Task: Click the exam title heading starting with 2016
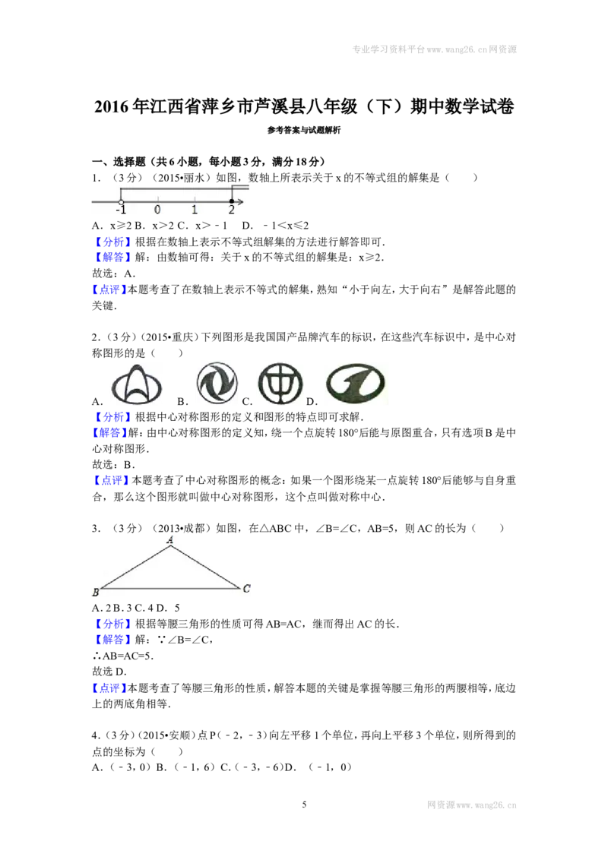(x=304, y=106)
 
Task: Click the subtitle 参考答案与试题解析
(x=304, y=130)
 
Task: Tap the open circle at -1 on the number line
(x=122, y=202)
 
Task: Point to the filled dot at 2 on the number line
(x=232, y=201)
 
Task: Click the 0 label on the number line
(x=157, y=210)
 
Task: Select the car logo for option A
(x=137, y=384)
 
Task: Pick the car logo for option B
(x=217, y=383)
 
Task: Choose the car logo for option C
(x=280, y=383)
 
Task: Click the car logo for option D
(x=356, y=383)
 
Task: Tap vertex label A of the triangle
(x=170, y=540)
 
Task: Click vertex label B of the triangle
(x=96, y=593)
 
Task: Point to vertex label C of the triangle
(x=246, y=589)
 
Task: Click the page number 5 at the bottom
(x=304, y=805)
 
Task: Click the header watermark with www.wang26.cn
(x=434, y=49)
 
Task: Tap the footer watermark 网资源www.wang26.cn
(x=472, y=805)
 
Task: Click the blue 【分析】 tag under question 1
(x=112, y=242)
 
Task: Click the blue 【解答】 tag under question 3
(x=112, y=640)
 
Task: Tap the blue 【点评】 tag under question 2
(x=112, y=480)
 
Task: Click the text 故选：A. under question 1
(x=113, y=273)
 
